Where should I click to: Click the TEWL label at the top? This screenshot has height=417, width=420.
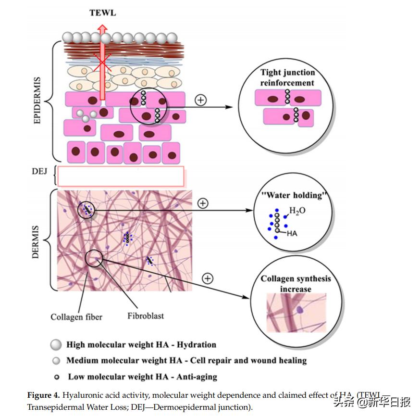pos(102,13)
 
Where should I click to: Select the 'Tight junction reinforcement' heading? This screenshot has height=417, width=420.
pos(287,77)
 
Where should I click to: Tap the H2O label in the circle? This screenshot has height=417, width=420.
pos(297,211)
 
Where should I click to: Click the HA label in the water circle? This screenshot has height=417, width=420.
pos(292,233)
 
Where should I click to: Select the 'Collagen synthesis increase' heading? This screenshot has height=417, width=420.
pos(296,284)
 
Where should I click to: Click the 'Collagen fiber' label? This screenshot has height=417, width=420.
pos(76,317)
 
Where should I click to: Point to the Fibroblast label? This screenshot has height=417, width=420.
pos(146,316)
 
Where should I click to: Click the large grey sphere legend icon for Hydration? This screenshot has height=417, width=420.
pos(56,344)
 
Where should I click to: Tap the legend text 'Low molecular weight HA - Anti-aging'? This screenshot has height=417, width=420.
pos(143,377)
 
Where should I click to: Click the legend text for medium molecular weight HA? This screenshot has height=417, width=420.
pos(186,360)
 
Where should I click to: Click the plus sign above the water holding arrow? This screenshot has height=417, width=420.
pos(203,203)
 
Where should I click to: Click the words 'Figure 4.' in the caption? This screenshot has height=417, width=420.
pos(43,395)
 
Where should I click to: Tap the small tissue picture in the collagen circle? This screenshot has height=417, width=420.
pos(296,313)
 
